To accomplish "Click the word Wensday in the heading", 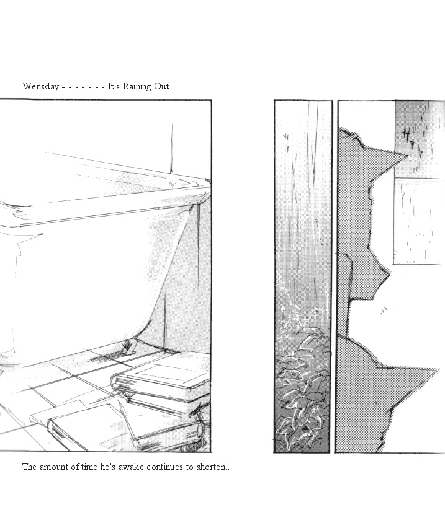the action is [x=40, y=86].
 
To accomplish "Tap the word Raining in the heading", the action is [x=137, y=86].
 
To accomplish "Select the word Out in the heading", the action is [x=161, y=86].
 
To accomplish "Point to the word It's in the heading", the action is [x=114, y=86].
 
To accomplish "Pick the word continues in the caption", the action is [x=165, y=467].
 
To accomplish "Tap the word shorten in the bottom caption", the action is [x=210, y=467].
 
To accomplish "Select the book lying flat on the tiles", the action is [x=81, y=426].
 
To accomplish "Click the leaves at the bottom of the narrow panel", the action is [x=302, y=382].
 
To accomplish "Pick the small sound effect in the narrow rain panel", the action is [x=286, y=141].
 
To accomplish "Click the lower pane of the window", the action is [x=420, y=222].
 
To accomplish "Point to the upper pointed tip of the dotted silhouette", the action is [x=408, y=156].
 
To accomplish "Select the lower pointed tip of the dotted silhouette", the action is [x=438, y=369].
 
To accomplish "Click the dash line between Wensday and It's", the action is [x=83, y=88].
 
